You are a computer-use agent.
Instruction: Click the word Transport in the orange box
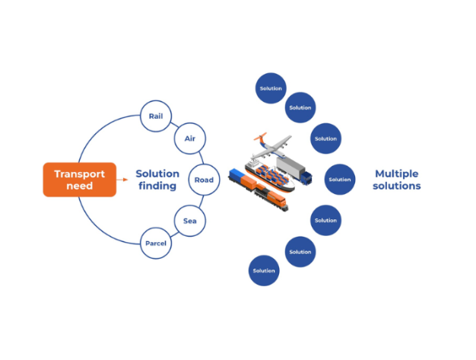coord(80,174)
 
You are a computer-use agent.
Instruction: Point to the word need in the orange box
coord(80,186)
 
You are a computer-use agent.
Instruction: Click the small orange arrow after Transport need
coord(122,180)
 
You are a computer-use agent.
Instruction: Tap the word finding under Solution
coord(157,186)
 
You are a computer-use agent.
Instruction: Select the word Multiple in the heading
coord(397,174)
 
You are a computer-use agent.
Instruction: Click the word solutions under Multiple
coord(397,186)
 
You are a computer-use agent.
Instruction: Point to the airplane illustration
coord(272,146)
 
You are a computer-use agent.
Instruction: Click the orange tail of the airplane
coord(261,136)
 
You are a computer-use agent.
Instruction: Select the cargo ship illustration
coord(270,177)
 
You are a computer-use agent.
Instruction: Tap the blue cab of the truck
coord(306,178)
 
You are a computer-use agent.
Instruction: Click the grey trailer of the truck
coord(290,167)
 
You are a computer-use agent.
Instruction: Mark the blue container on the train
coord(235,174)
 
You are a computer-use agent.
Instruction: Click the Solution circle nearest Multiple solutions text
coord(340,180)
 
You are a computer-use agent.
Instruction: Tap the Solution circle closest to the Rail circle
coord(271,88)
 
